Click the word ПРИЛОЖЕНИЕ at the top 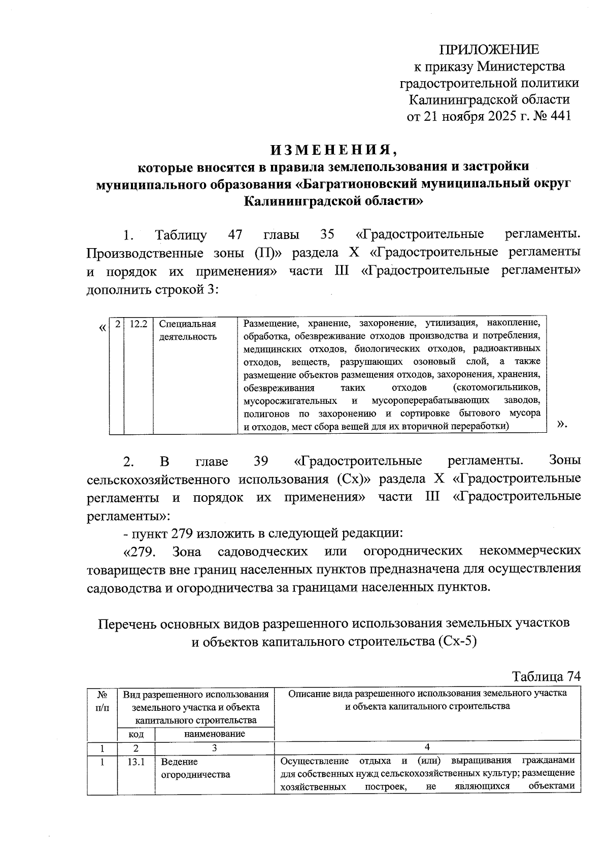pyautogui.click(x=489, y=50)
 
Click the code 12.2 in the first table pyautogui.click(x=138, y=324)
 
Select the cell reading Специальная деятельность pyautogui.click(x=188, y=330)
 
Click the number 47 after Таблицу pyautogui.click(x=235, y=235)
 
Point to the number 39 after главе pyautogui.click(x=260, y=461)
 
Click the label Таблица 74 pyautogui.click(x=546, y=677)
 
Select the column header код pyautogui.click(x=136, y=734)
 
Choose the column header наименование pyautogui.click(x=214, y=734)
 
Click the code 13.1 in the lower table pyautogui.click(x=136, y=762)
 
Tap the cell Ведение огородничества pyautogui.click(x=195, y=768)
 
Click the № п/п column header pyautogui.click(x=101, y=700)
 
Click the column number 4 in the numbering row pyautogui.click(x=427, y=747)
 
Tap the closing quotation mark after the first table pyautogui.click(x=561, y=424)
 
